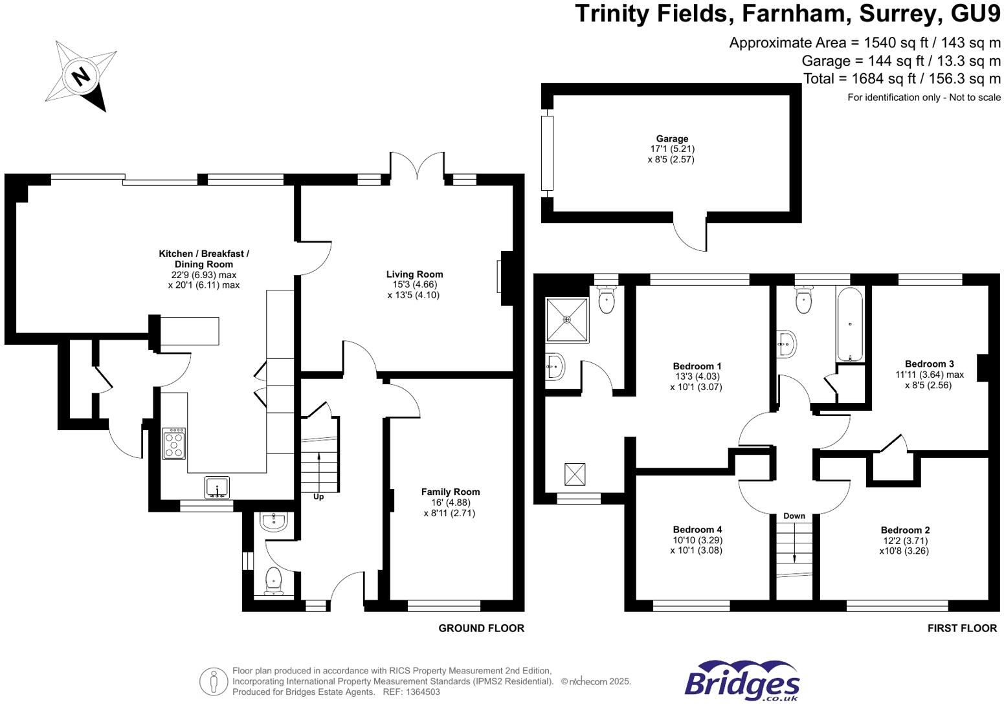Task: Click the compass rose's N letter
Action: pyautogui.click(x=81, y=76)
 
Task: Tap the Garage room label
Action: pyautogui.click(x=672, y=138)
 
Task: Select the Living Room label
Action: pyautogui.click(x=414, y=274)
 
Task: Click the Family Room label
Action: pyautogui.click(x=451, y=492)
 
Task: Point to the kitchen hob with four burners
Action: pyautogui.click(x=174, y=444)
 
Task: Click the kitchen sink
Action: pyautogui.click(x=217, y=487)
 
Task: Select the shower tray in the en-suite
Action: pyautogui.click(x=567, y=320)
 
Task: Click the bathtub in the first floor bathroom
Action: pyautogui.click(x=849, y=324)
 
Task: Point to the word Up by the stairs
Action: pyautogui.click(x=318, y=497)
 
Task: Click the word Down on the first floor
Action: pyautogui.click(x=794, y=516)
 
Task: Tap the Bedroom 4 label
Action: pyautogui.click(x=697, y=529)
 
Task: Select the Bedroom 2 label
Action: pyautogui.click(x=905, y=530)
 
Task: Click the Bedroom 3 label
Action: pyautogui.click(x=929, y=364)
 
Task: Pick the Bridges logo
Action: pyautogui.click(x=742, y=681)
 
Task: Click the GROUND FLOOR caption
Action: pyautogui.click(x=481, y=628)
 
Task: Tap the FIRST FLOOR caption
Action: pyautogui.click(x=962, y=628)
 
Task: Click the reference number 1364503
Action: pyautogui.click(x=422, y=692)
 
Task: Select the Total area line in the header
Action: pyautogui.click(x=902, y=79)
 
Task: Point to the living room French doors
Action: pyautogui.click(x=417, y=166)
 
